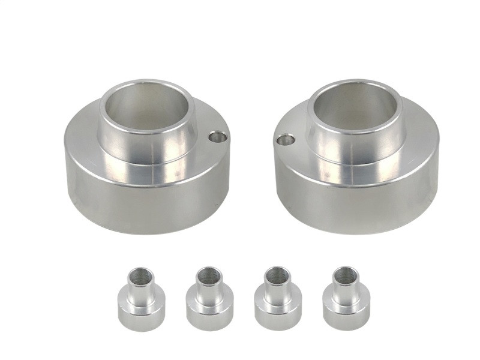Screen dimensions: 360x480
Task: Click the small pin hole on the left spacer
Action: point(218,137)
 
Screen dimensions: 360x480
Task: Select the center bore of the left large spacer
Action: point(146,109)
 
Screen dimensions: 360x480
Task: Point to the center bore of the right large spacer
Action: point(356,112)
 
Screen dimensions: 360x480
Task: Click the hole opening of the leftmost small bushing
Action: point(140,277)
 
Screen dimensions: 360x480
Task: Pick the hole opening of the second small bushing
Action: point(208,275)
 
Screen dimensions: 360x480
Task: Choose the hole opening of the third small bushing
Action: point(277,275)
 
